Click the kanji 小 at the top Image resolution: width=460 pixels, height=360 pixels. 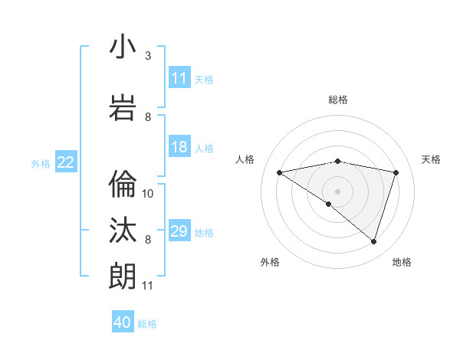123,47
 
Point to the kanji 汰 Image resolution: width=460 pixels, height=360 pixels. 123,230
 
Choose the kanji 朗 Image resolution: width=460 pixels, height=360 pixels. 123,277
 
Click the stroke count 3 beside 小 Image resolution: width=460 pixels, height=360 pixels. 148,56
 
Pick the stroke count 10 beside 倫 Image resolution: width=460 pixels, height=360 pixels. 149,194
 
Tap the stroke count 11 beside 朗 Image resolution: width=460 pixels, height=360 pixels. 149,286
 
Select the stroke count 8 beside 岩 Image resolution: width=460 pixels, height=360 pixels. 148,117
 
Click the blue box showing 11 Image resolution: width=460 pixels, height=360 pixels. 179,78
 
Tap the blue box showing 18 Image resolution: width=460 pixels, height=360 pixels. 179,148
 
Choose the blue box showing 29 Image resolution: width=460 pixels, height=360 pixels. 179,232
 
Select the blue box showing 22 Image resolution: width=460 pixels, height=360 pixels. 65,162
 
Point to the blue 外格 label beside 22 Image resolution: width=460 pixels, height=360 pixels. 41,163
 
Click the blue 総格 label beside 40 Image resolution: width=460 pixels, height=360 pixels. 147,324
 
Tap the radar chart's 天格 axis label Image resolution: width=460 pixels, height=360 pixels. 432,159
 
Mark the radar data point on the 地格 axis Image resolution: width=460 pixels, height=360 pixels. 373,241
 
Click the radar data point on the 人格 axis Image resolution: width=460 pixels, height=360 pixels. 279,172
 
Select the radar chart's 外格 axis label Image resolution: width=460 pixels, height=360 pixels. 270,262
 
